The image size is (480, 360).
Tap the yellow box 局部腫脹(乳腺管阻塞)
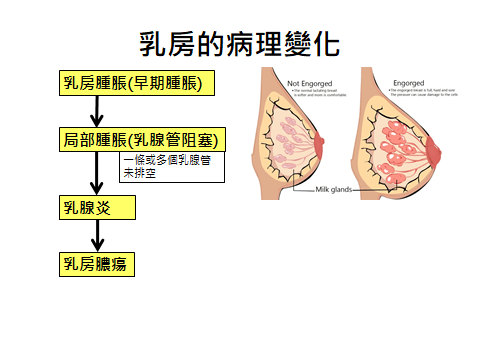click(139, 139)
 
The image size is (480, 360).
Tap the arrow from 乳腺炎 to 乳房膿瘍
click(97, 237)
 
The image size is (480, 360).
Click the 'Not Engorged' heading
click(309, 82)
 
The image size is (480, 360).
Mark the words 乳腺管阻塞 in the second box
click(176, 139)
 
